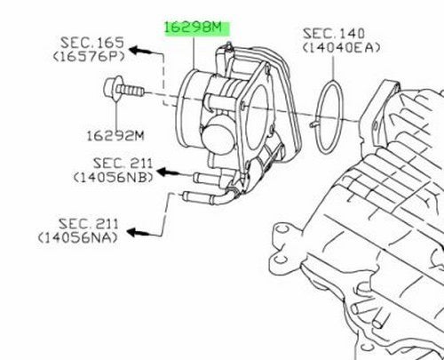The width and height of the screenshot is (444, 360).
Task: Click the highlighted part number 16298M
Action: point(193,28)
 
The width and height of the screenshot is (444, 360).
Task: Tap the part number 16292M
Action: point(115,136)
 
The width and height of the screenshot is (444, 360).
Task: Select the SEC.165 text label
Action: point(92,43)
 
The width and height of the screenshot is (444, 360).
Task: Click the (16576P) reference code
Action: point(89,56)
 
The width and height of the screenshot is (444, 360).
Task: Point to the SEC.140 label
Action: point(333,34)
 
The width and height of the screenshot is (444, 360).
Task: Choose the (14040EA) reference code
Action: point(341,47)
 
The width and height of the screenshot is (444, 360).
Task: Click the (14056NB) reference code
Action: point(114,177)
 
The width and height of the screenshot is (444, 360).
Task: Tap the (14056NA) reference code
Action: point(78,237)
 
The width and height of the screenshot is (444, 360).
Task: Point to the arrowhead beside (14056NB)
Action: point(166,172)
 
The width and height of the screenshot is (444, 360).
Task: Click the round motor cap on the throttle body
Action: point(218,134)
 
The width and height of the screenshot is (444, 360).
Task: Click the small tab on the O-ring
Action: point(314,124)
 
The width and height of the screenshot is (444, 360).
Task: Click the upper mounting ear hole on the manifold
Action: point(281,229)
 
